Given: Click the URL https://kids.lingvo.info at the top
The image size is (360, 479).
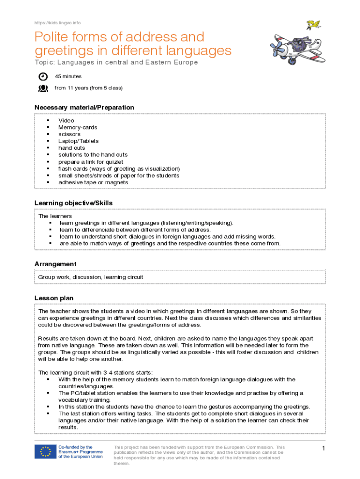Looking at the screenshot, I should [x=58, y=23].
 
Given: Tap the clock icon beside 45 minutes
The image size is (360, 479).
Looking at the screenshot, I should [x=43, y=76].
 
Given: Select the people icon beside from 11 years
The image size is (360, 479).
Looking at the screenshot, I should [x=43, y=87].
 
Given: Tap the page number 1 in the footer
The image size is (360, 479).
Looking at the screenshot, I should [x=323, y=449].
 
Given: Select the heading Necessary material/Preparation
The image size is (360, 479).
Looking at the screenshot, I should [x=84, y=108].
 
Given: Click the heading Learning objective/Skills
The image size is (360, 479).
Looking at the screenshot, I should [x=73, y=203].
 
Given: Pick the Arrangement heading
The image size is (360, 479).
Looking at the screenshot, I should [x=55, y=264].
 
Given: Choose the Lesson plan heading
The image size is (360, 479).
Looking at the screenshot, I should [x=54, y=298].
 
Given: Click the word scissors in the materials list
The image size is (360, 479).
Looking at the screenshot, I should [x=69, y=134].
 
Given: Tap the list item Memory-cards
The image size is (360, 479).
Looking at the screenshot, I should [x=78, y=127].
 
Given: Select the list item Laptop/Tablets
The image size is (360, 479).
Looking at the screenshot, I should [x=78, y=141].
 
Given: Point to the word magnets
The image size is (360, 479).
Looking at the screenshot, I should [x=117, y=182].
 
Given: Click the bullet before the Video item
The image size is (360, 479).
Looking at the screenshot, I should [x=48, y=121].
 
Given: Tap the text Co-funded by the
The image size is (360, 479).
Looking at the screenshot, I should [x=75, y=447].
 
